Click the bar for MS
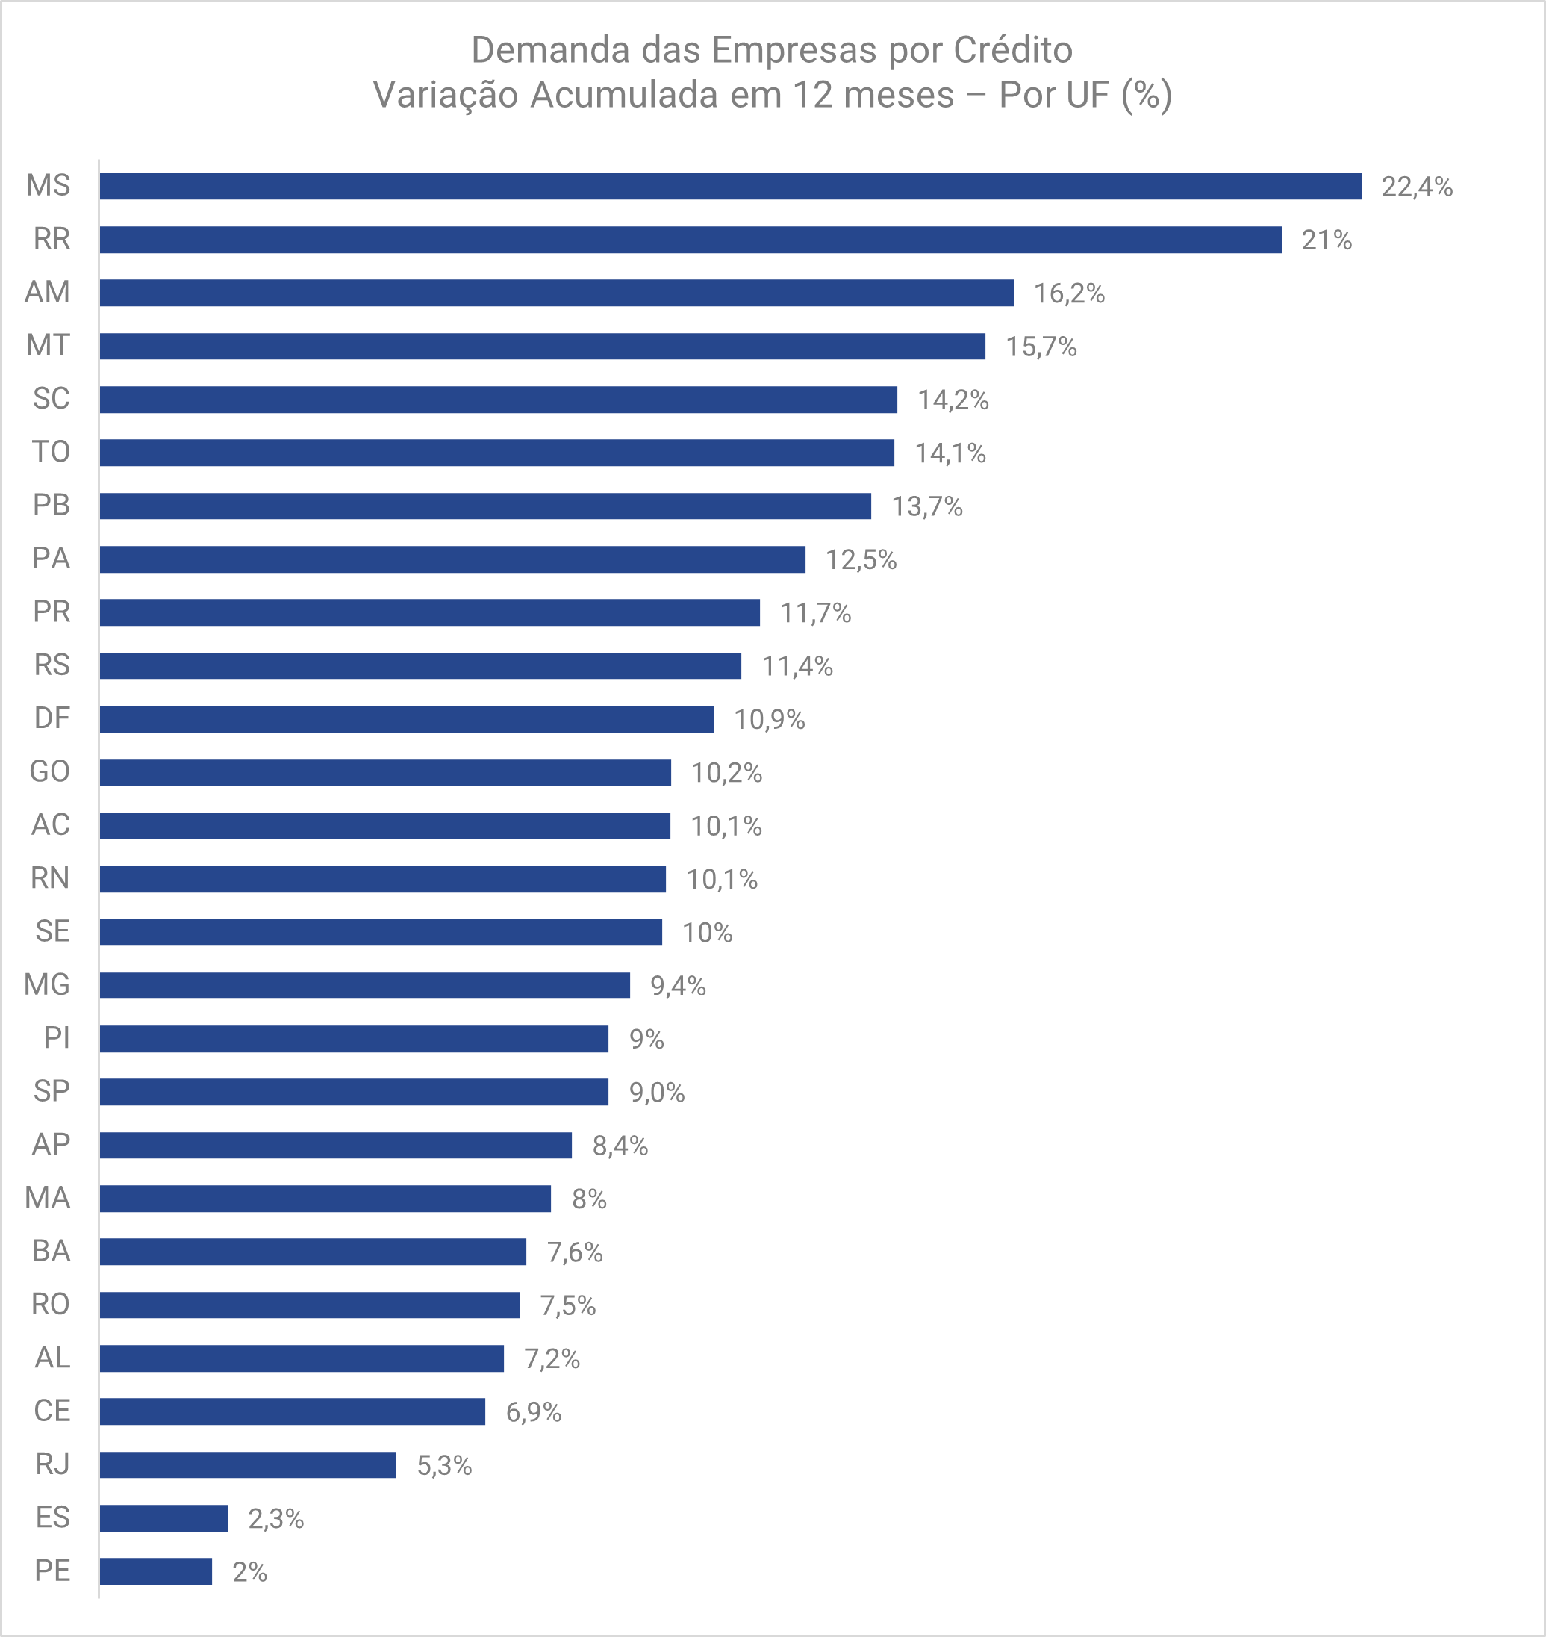[730, 186]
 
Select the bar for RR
[691, 240]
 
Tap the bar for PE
[156, 1571]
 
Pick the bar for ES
[163, 1518]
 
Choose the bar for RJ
[247, 1464]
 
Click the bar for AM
[556, 293]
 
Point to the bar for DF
[406, 718]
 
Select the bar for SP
[354, 1092]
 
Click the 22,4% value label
[1417, 187]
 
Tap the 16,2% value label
[1069, 293]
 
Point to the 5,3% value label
[444, 1465]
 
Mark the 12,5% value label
[861, 559]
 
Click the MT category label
[48, 345]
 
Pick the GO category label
[49, 771]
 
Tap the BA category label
[51, 1251]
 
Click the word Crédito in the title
[1013, 50]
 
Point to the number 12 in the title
[811, 95]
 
